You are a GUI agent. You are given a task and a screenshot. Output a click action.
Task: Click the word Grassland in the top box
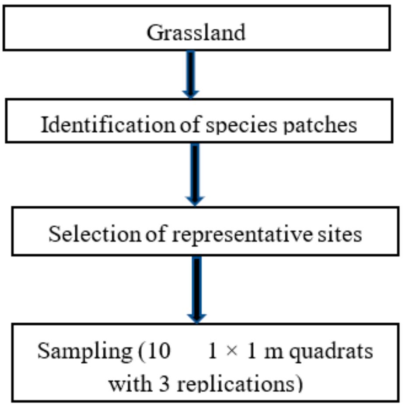(196, 33)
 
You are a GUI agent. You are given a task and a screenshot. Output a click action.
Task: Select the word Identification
(107, 125)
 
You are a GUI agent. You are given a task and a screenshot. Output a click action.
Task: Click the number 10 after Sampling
(158, 351)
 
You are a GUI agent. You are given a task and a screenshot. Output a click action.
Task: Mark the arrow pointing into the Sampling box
(196, 289)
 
